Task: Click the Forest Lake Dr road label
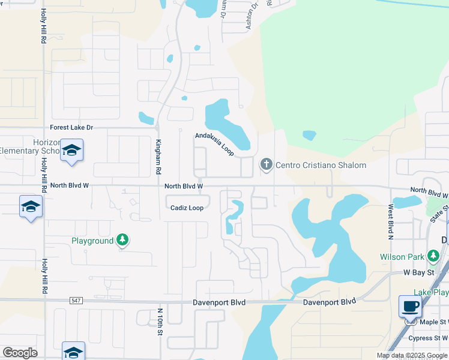72,127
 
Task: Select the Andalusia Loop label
214,144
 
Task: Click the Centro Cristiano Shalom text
321,165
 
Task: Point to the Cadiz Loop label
187,208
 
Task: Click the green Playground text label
92,241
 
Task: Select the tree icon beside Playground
122,241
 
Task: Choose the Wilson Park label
402,257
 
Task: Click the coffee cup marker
411,306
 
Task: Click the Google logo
20,353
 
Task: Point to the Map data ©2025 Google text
412,355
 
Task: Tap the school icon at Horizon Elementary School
71,151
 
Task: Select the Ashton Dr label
252,14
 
